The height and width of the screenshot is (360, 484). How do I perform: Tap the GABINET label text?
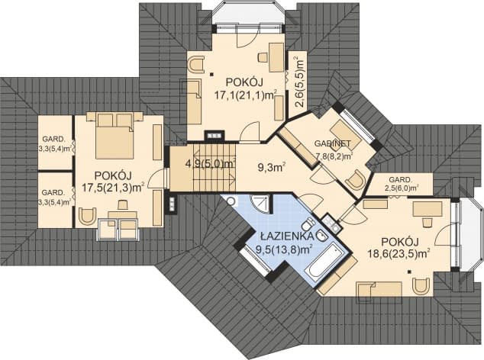click(x=333, y=144)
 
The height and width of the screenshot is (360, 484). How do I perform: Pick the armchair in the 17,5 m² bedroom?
click(x=87, y=218)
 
